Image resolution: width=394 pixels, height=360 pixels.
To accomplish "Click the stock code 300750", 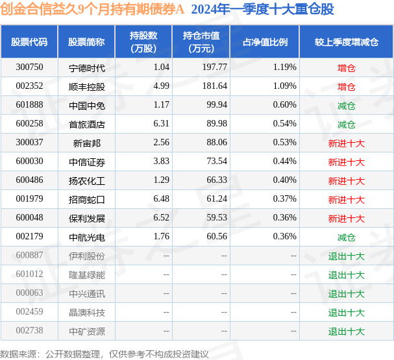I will click(29, 67).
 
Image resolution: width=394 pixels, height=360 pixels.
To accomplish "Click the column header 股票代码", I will click(29, 42).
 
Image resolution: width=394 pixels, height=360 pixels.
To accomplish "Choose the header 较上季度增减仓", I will click(346, 42).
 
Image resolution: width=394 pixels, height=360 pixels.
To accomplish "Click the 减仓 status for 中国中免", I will click(346, 105).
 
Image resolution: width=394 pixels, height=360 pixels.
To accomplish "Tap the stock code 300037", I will click(29, 143).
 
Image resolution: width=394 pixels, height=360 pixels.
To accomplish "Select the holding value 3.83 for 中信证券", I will click(144, 162).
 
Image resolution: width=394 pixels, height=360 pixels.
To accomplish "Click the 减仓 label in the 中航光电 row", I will click(346, 237).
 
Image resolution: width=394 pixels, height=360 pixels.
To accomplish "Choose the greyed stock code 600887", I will click(29, 256).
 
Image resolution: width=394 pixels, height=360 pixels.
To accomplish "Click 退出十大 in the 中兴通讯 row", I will click(346, 293).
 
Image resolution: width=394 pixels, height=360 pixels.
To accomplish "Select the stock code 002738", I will click(29, 331).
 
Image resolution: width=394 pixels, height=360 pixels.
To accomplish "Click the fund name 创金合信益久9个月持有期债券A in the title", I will click(93, 10).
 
